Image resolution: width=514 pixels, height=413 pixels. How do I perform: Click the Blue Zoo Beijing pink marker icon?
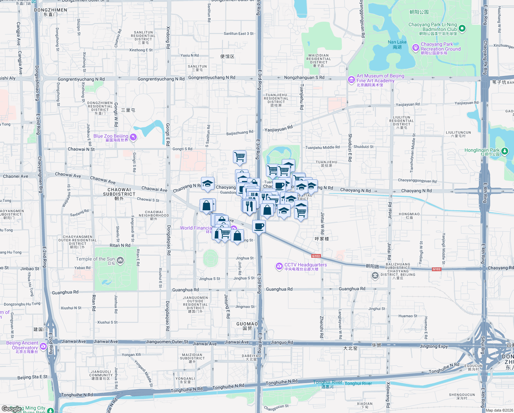[x=133, y=137]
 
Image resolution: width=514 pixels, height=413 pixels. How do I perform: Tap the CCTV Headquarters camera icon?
[x=279, y=266]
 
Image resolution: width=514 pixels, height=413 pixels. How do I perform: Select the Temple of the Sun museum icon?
[x=120, y=260]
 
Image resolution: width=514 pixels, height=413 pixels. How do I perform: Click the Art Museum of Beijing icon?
[x=351, y=80]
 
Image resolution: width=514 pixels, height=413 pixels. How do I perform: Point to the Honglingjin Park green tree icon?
[x=504, y=151]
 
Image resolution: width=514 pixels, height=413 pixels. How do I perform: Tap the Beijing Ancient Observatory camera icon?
[x=43, y=346]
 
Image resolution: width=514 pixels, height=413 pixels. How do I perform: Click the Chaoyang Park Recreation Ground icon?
[x=415, y=47]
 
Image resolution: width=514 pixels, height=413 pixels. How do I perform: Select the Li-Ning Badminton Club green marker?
[x=462, y=28]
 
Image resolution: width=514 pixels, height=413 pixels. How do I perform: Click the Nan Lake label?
[x=397, y=42]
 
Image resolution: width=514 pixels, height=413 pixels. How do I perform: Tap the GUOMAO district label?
[x=247, y=324]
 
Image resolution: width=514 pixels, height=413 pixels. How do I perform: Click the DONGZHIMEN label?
[x=51, y=10]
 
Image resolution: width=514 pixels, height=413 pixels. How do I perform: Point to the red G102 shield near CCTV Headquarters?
[x=316, y=256]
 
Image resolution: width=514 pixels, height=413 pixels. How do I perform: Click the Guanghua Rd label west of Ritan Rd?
[x=65, y=292]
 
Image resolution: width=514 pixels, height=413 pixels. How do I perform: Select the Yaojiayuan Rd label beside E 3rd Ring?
[x=278, y=129]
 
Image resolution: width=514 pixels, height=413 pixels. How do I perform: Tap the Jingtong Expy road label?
[x=434, y=346]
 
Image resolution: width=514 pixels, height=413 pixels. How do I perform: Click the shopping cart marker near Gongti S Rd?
[x=239, y=157]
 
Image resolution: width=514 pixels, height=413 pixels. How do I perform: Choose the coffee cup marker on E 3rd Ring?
[x=259, y=226]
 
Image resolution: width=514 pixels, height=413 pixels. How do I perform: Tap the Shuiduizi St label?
[x=364, y=147]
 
